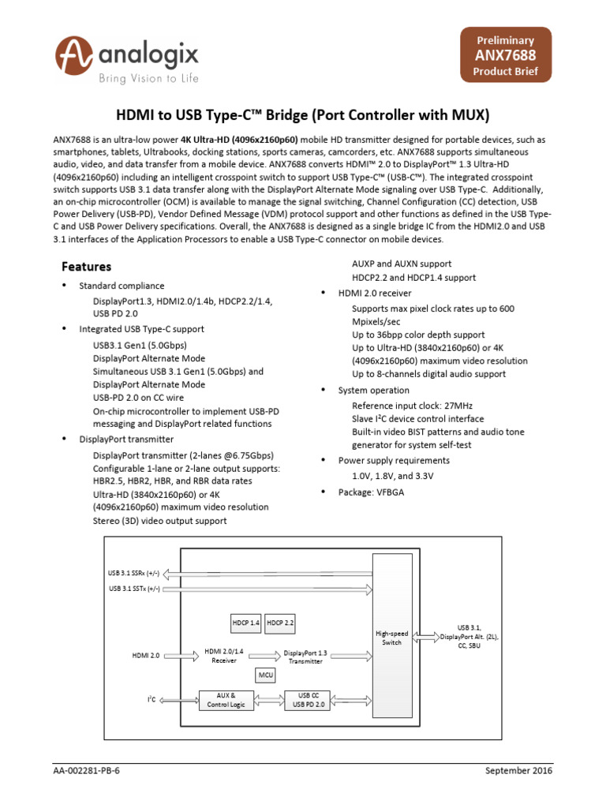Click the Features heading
pyautogui.click(x=86, y=267)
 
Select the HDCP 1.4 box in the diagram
pyautogui.click(x=245, y=623)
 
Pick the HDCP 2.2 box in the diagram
pyautogui.click(x=280, y=623)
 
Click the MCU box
pyautogui.click(x=265, y=675)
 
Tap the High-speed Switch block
pyautogui.click(x=391, y=638)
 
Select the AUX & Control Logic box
pyautogui.click(x=227, y=699)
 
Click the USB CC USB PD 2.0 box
pyautogui.click(x=309, y=699)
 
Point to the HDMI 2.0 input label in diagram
pyautogui.click(x=146, y=655)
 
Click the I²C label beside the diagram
pyautogui.click(x=151, y=699)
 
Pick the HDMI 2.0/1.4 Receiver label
pyautogui.click(x=224, y=655)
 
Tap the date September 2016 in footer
pyautogui.click(x=518, y=771)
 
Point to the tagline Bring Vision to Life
pyautogui.click(x=148, y=78)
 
